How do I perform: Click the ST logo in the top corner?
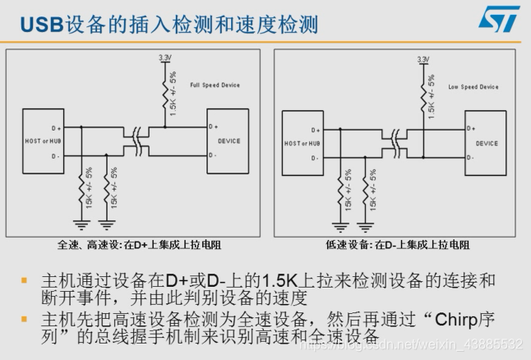[500, 19]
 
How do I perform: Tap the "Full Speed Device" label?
[215, 84]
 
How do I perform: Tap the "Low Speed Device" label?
[473, 86]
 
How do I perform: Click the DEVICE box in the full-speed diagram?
[229, 141]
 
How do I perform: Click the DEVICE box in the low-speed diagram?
[487, 143]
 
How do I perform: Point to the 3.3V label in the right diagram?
[423, 59]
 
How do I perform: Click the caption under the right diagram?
[398, 244]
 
